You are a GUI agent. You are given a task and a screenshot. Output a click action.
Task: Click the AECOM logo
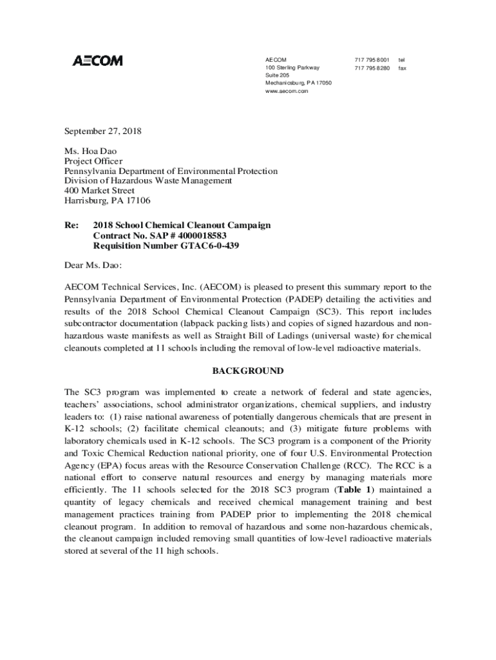(x=97, y=61)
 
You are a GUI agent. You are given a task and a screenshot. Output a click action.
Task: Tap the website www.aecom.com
(x=287, y=91)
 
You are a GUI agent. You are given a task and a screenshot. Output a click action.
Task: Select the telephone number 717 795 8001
(x=372, y=60)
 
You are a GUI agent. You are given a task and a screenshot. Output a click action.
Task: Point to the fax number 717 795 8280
(x=372, y=68)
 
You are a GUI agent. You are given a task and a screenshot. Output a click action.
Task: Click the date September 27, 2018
(x=102, y=131)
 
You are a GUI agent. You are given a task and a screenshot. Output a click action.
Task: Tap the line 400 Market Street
(x=99, y=191)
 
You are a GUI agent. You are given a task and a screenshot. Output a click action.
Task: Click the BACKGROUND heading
(x=247, y=371)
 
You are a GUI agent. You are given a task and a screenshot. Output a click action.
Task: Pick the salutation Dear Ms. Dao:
(x=93, y=265)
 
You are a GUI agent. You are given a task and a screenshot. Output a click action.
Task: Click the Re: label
(x=71, y=226)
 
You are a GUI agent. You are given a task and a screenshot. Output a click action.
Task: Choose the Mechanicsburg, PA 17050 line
(x=298, y=83)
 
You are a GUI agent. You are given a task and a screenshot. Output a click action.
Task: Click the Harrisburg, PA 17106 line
(x=107, y=200)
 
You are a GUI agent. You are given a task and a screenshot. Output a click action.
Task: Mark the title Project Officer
(x=93, y=161)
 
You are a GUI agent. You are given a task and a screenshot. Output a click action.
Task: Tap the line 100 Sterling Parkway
(x=292, y=68)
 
